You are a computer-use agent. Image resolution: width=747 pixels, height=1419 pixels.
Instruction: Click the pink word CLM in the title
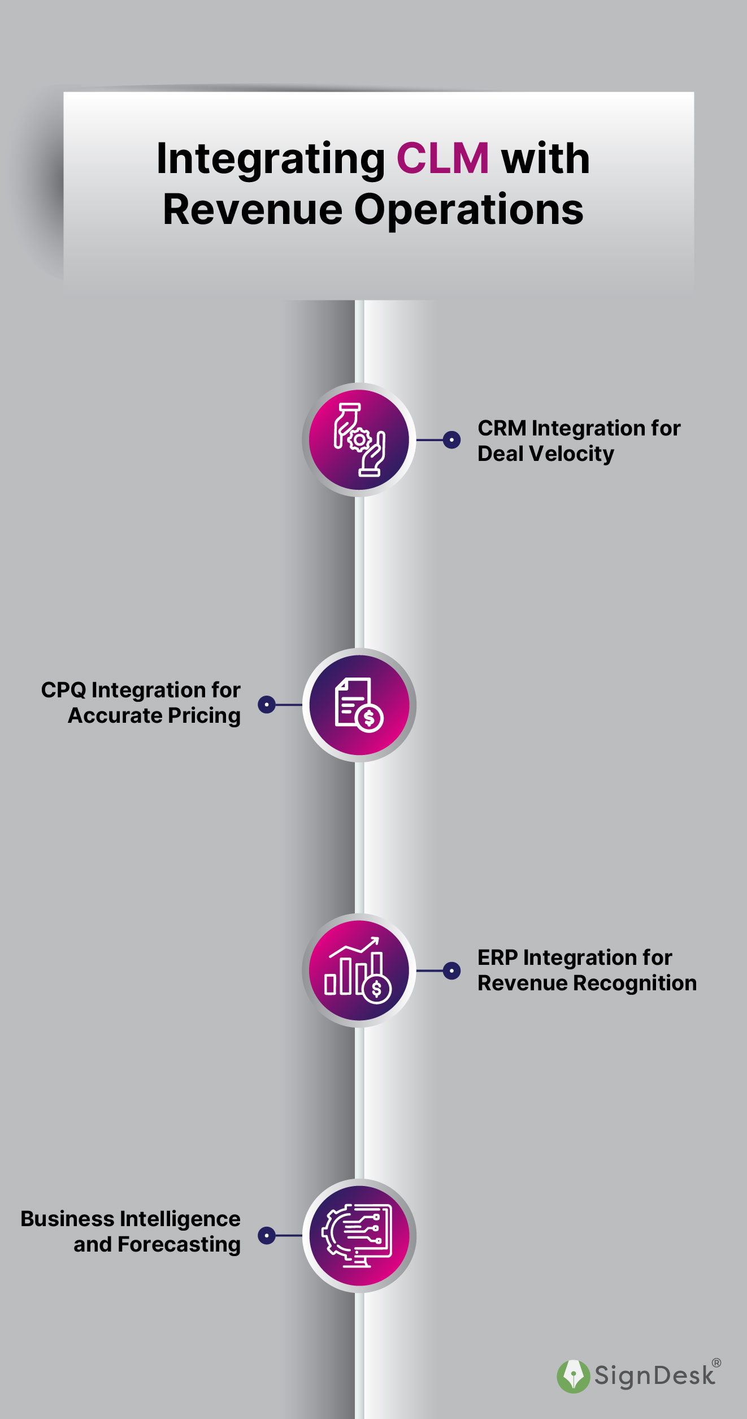coord(442,158)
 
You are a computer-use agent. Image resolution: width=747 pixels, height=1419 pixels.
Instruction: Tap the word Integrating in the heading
coord(271,159)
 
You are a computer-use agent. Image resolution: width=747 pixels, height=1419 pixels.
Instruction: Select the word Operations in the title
coord(468,209)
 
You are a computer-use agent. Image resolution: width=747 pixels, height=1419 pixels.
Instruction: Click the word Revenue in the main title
coord(253,209)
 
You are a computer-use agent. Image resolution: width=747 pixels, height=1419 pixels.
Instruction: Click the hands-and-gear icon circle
coord(359,439)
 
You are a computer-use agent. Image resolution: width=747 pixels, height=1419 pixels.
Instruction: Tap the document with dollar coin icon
coord(359,705)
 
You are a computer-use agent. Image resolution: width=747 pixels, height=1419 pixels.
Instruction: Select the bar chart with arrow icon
coord(359,971)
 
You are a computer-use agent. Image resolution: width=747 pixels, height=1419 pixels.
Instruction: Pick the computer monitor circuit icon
coord(359,1235)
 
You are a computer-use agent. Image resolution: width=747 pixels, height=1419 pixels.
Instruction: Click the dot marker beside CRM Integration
coord(451,439)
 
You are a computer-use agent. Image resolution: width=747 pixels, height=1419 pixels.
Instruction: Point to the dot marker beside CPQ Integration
coord(267,705)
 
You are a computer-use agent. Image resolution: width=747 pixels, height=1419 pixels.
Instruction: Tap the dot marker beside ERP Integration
coord(451,971)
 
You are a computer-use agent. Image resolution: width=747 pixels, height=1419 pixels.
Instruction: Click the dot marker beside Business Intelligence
coord(267,1235)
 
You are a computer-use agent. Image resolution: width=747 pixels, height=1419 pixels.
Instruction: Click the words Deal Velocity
coord(545,454)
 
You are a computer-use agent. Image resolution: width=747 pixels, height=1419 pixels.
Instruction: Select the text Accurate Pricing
coord(154,716)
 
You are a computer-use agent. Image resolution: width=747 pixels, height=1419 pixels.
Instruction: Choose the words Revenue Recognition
coord(587,983)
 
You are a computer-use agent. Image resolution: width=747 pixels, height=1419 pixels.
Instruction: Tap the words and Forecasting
coord(157,1245)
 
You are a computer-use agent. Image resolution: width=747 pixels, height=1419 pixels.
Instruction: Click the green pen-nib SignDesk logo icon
coord(573,1376)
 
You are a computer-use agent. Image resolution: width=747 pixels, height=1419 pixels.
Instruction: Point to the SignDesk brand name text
coord(654,1376)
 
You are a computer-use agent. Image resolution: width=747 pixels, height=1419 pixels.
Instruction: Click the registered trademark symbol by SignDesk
coord(716,1363)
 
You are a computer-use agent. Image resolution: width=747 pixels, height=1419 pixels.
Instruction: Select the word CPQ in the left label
coord(63,690)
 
